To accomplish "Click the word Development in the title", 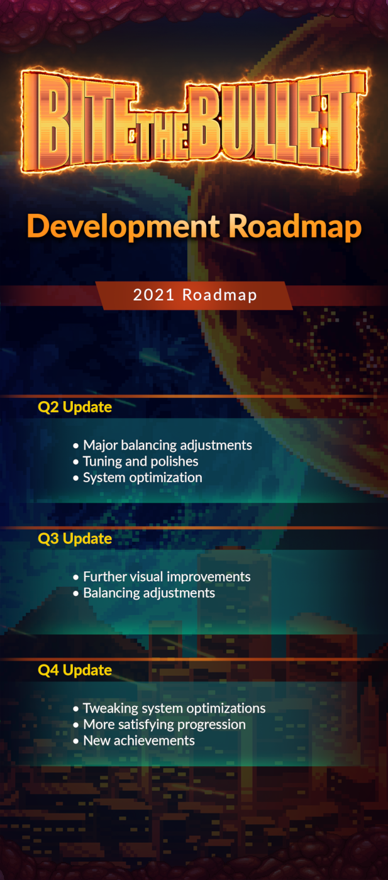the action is coord(123,227).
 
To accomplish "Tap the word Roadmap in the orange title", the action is coord(295,227).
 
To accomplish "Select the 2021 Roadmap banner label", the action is coord(195,295).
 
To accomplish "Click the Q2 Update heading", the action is coord(75,407).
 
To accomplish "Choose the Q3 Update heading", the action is coord(75,539).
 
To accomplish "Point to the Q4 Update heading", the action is coord(75,670).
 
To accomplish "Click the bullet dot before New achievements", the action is coord(76,741).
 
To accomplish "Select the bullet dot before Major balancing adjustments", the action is coord(76,446).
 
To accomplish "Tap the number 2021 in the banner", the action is coord(153,295).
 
